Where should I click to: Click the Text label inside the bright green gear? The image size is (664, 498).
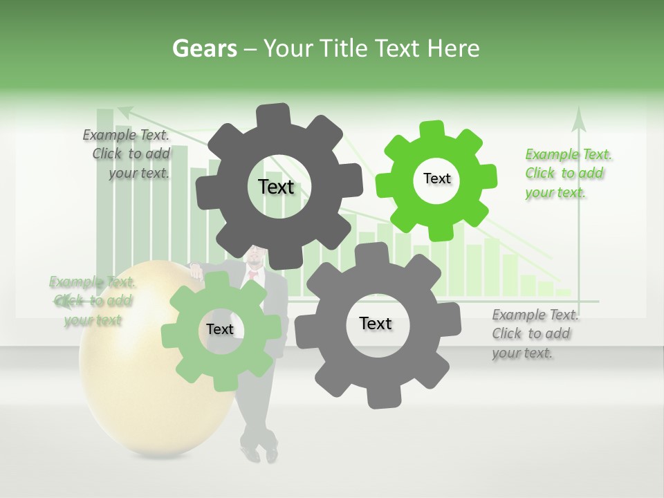tap(436, 178)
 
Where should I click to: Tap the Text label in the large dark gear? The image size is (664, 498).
tap(276, 187)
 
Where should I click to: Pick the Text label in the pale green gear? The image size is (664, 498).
tap(219, 329)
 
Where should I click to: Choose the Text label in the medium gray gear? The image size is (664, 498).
tap(376, 323)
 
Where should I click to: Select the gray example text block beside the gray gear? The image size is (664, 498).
tap(535, 333)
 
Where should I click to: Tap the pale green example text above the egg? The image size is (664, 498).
tap(92, 300)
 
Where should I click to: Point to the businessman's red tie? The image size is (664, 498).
tap(253, 275)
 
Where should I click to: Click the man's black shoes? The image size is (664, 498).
tap(261, 454)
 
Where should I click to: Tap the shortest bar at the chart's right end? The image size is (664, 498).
tap(564, 293)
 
